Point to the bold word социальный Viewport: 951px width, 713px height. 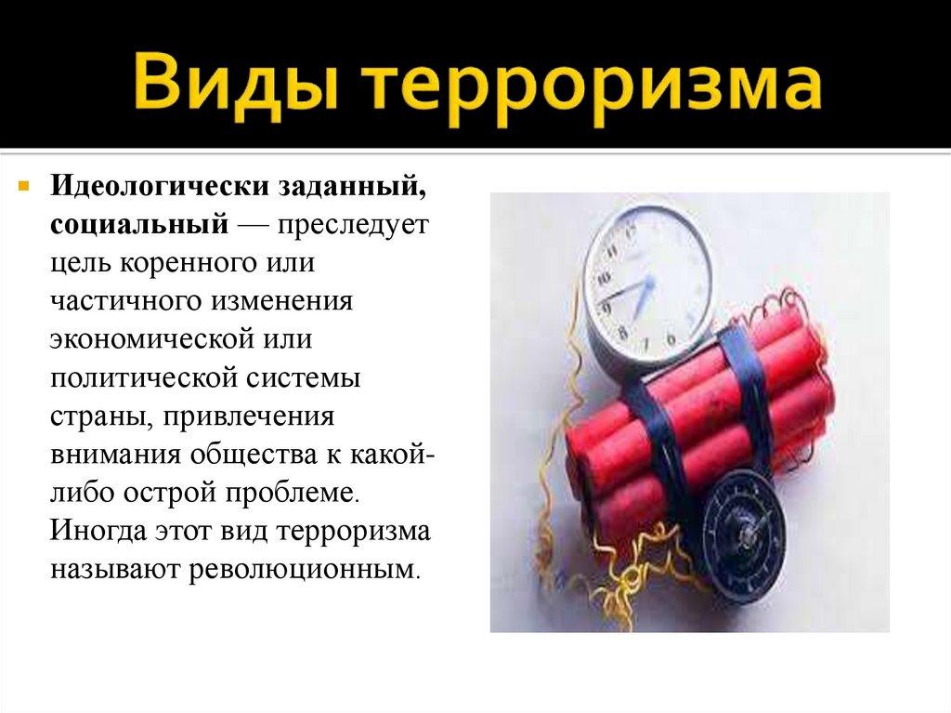point(139,224)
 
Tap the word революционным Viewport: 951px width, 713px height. point(305,568)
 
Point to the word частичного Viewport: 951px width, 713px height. point(128,301)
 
